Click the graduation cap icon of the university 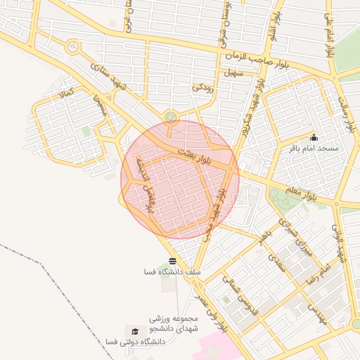(133, 330)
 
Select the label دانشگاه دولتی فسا (134, 342)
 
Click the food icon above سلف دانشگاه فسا (173, 262)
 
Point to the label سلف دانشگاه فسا (173, 272)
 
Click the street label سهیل (233, 72)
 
